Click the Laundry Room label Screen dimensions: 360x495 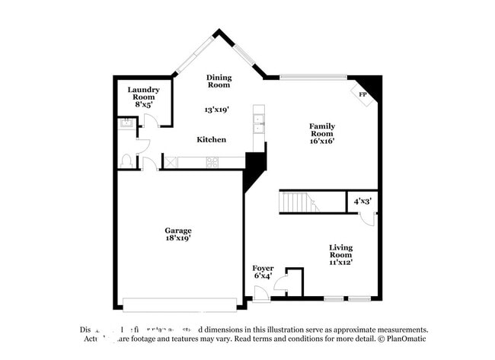[x=143, y=94]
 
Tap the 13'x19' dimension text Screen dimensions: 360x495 [x=217, y=110]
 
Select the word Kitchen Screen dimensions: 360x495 [x=212, y=139]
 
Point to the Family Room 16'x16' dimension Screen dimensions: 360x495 [x=322, y=140]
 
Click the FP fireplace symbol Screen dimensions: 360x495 [x=363, y=94]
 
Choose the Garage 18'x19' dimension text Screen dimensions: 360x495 [x=178, y=238]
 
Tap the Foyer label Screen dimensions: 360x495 [x=263, y=268]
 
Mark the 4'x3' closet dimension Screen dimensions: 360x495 [x=362, y=202]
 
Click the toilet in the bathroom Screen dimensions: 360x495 [x=127, y=161]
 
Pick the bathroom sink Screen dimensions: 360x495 [x=124, y=125]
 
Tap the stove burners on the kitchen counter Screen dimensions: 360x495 [x=212, y=161]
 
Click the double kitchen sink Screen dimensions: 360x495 [x=259, y=123]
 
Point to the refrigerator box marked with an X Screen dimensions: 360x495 [x=172, y=161]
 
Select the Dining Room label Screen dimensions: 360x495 [x=219, y=81]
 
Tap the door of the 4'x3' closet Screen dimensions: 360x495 [x=367, y=218]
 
